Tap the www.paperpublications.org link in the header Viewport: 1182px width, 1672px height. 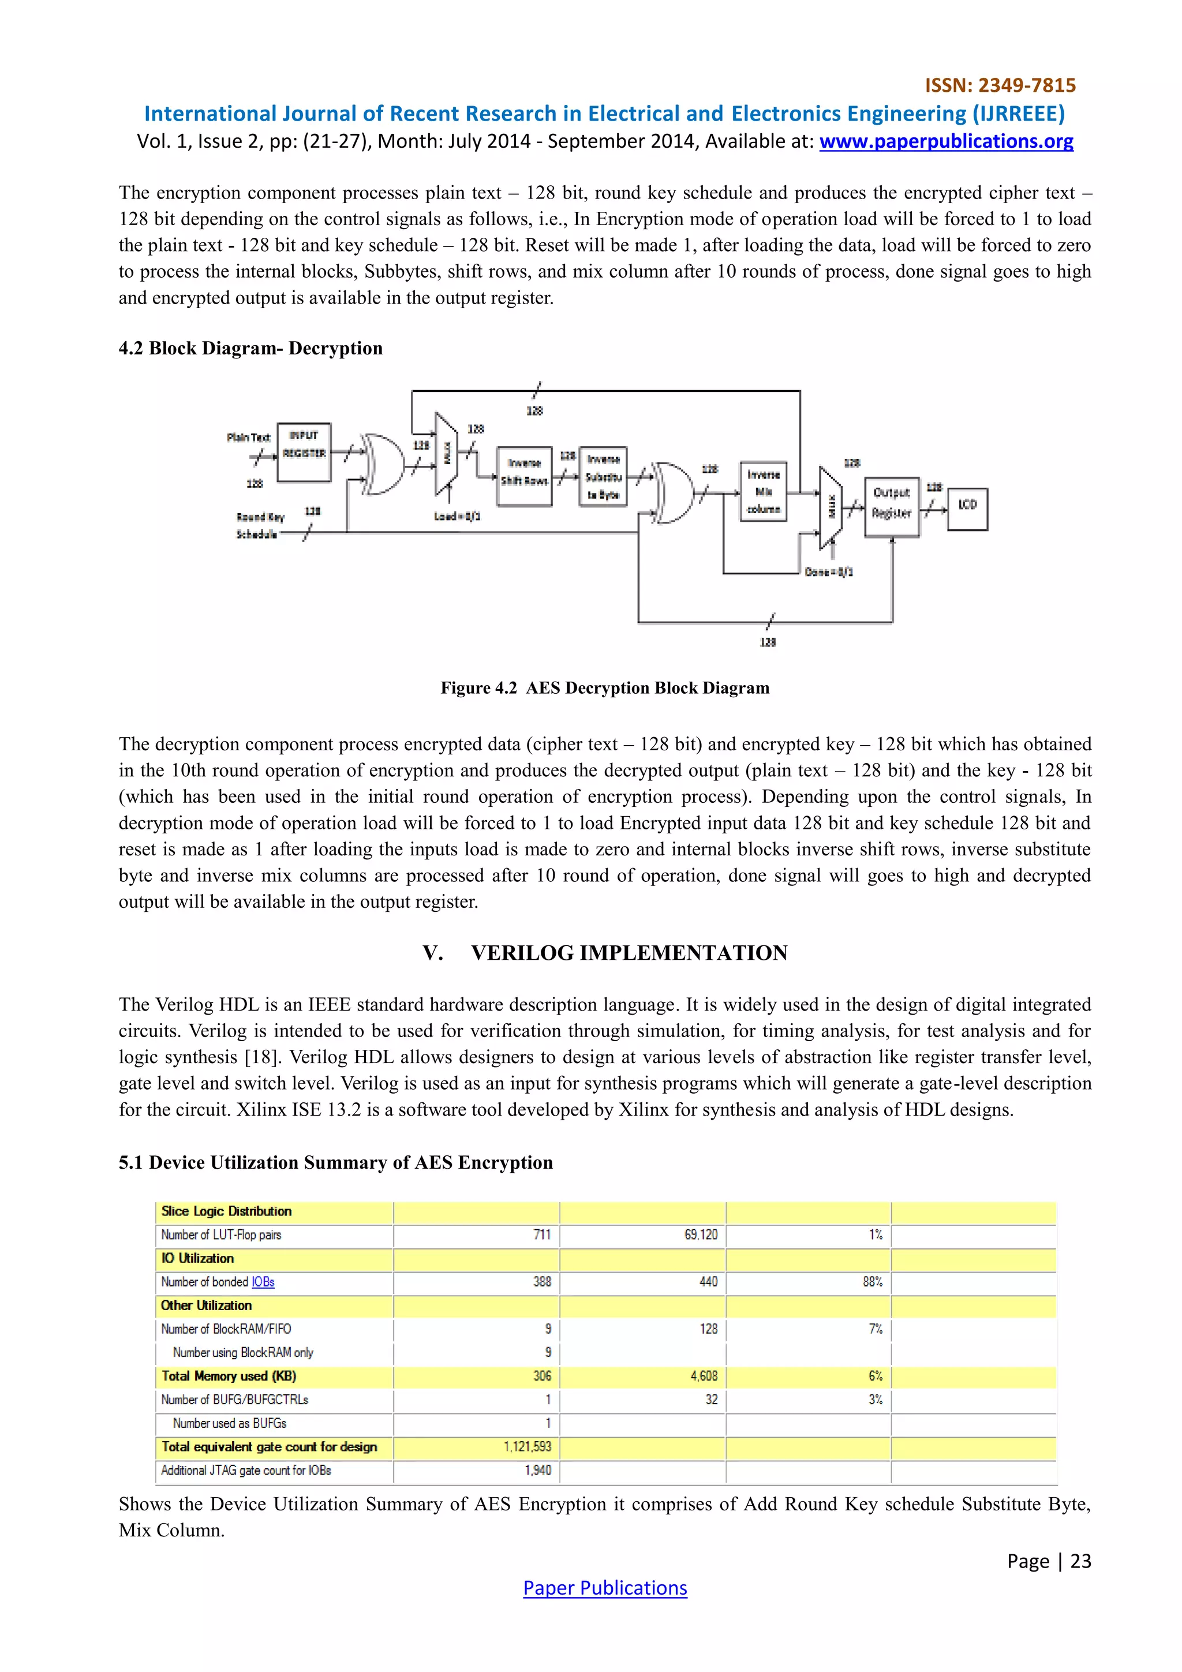(946, 141)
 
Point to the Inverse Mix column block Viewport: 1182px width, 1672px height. (763, 492)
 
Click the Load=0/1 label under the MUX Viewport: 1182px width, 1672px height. (457, 517)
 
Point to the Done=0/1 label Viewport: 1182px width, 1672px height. (829, 573)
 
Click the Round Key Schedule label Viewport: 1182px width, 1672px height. (260, 525)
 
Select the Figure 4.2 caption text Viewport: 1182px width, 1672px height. (604, 688)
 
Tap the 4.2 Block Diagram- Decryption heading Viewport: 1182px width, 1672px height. (250, 348)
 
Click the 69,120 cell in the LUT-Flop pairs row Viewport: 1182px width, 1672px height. (701, 1235)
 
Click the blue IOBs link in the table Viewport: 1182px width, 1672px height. (263, 1282)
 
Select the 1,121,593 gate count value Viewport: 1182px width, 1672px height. (528, 1446)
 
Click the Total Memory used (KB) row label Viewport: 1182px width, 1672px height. (229, 1375)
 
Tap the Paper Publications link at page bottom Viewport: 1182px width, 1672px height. (604, 1588)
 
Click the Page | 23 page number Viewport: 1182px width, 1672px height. (1049, 1561)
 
